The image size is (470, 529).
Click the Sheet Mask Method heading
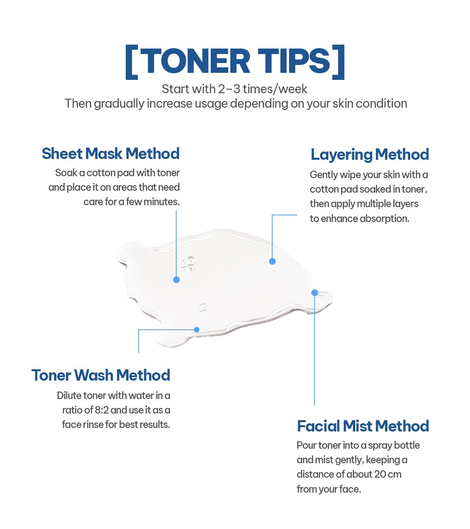[110, 153]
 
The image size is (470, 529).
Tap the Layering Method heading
[370, 155]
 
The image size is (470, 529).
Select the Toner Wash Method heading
[101, 375]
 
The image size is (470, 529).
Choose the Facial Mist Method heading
[363, 426]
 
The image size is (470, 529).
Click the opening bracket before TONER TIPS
[132, 62]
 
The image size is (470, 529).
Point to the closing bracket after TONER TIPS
[338, 62]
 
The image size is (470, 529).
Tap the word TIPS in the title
[294, 61]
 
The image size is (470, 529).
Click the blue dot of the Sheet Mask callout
[177, 280]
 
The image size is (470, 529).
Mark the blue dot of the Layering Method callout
[272, 261]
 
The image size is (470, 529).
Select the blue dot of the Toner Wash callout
[197, 330]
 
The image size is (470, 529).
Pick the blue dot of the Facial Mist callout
[315, 293]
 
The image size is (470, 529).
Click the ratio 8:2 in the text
[101, 410]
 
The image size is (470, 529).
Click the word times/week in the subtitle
[275, 89]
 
